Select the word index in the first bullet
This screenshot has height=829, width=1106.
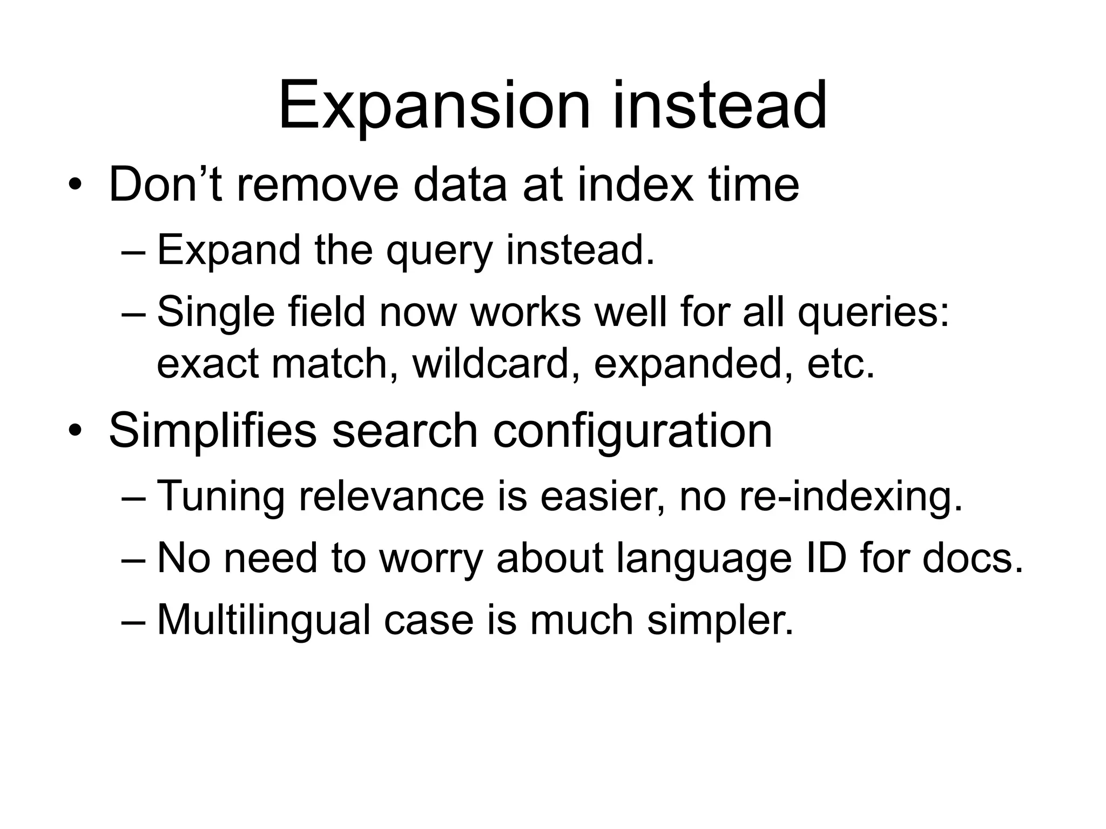[635, 185]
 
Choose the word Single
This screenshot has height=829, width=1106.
[216, 313]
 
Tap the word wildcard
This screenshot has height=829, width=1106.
[491, 364]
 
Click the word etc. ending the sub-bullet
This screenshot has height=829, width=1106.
[840, 364]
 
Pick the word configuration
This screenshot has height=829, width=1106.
[632, 432]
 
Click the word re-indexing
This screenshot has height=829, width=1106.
[851, 497]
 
